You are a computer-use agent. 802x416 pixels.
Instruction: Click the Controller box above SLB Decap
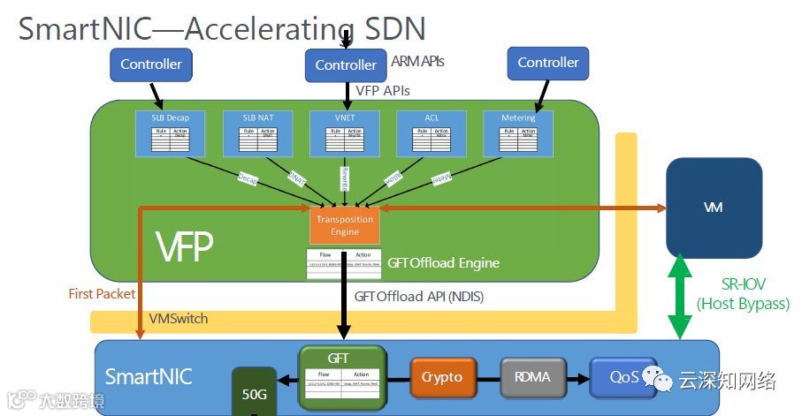(151, 64)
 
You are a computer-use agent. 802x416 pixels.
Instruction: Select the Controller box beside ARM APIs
(346, 64)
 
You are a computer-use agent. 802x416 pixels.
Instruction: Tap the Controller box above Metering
(548, 63)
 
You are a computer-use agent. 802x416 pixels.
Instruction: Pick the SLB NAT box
(256, 134)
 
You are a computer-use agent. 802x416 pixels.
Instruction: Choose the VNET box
(345, 134)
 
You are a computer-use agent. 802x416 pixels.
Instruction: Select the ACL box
(432, 134)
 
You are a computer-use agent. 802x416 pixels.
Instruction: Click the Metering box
(518, 134)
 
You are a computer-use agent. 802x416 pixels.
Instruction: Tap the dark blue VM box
(714, 207)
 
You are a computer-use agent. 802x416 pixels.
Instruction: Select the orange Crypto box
(442, 377)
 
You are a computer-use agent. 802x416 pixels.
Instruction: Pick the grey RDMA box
(533, 377)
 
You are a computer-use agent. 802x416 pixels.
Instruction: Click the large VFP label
(184, 249)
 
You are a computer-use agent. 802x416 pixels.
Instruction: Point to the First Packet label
(103, 293)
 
